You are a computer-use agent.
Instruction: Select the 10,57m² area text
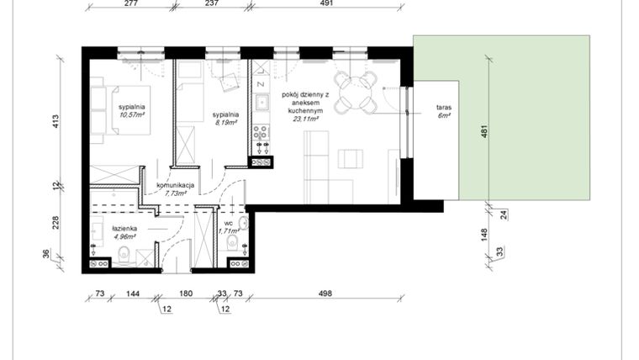[x=132, y=115]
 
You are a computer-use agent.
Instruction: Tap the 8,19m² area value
[x=225, y=122]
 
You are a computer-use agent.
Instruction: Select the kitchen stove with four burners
[x=261, y=132]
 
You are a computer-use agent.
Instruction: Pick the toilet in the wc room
[x=231, y=246]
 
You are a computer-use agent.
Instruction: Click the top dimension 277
[x=129, y=4]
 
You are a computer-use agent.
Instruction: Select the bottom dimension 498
[x=326, y=294]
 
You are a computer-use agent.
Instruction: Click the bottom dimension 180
[x=187, y=294]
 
